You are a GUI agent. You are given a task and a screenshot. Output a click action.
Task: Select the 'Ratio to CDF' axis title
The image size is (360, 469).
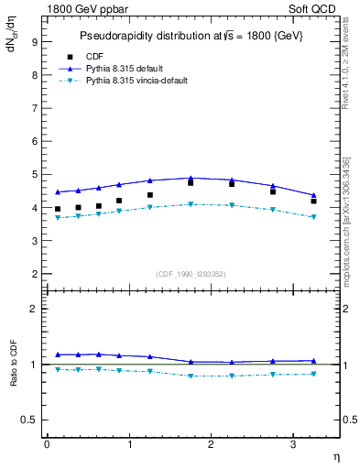tap(14, 364)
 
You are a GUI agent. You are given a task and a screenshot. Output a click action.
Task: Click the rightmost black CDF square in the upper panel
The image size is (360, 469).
tap(313, 202)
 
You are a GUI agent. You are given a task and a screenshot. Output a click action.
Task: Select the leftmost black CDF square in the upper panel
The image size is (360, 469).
tap(58, 210)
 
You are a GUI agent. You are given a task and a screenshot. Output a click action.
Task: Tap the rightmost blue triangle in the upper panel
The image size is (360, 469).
tap(313, 195)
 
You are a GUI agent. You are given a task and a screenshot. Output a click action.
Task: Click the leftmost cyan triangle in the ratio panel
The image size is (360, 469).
tap(58, 370)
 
